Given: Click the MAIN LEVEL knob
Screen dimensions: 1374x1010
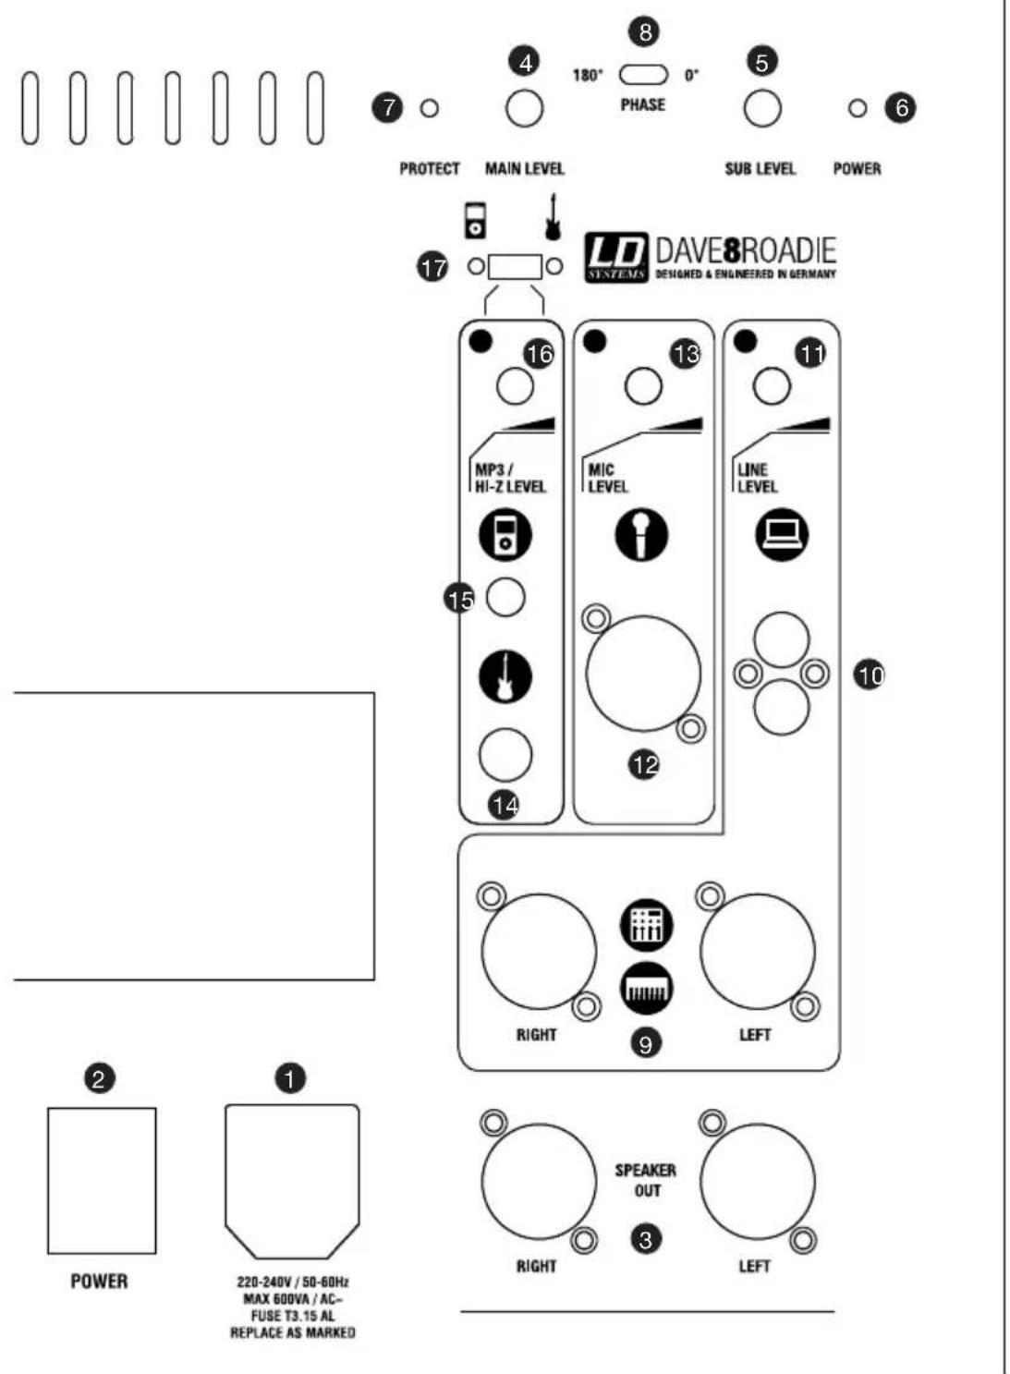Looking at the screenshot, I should pyautogui.click(x=524, y=109).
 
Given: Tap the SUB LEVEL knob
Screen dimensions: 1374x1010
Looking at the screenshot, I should pyautogui.click(x=761, y=109).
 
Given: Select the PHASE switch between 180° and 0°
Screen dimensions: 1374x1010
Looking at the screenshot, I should pyautogui.click(x=643, y=75).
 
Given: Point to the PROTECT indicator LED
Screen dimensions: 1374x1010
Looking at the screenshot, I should pyautogui.click(x=430, y=109).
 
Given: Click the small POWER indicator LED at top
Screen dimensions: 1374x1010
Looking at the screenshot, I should pyautogui.click(x=858, y=109).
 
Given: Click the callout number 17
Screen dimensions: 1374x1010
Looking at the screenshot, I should pyautogui.click(x=433, y=268).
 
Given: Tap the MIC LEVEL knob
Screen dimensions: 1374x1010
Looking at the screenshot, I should pyautogui.click(x=643, y=386).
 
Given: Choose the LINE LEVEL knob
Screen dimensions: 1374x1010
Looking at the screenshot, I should pyautogui.click(x=772, y=386).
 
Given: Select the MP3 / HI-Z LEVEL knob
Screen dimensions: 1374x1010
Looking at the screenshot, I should pyautogui.click(x=515, y=386).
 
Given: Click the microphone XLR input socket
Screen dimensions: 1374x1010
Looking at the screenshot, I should pyautogui.click(x=643, y=674).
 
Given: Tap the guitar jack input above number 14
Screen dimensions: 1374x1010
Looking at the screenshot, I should pyautogui.click(x=505, y=754).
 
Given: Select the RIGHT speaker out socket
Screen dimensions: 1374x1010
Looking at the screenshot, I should pyautogui.click(x=540, y=1182).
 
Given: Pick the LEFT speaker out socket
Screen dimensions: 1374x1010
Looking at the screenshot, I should pyautogui.click(x=758, y=1182).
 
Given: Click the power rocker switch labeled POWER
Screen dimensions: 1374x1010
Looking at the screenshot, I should pyautogui.click(x=102, y=1180).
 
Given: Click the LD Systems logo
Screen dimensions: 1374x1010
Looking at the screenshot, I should pyautogui.click(x=616, y=258).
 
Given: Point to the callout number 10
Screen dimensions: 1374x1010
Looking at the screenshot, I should pyautogui.click(x=870, y=675).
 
